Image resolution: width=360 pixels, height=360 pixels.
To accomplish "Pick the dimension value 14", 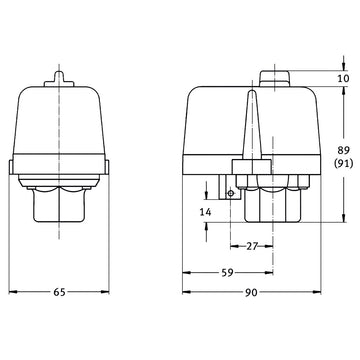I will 205,211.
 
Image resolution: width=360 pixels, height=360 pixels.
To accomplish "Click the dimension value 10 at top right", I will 343,78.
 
